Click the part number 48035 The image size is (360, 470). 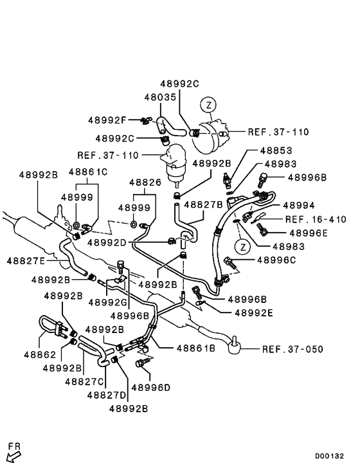coord(160,98)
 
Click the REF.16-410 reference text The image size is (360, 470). coord(312,219)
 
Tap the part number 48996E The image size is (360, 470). coord(309,233)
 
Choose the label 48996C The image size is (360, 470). coord(276,260)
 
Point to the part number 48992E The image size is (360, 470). coord(255,312)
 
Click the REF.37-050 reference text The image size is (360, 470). coord(292,349)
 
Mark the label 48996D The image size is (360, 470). coord(150,387)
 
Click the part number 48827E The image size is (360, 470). coord(26,261)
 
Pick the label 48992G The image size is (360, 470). coord(107,302)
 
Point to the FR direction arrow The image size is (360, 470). coord(13,454)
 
